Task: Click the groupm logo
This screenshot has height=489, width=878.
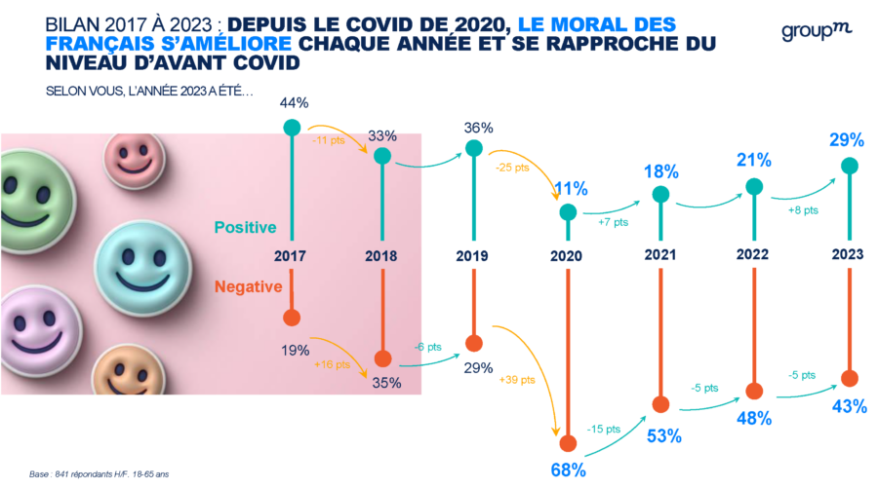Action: pos(816,31)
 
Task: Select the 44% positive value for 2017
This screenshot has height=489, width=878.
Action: pos(294,102)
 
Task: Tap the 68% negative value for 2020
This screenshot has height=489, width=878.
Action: pos(567,470)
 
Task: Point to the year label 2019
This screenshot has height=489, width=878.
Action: pos(473,257)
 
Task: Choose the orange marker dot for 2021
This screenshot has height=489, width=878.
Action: pos(661,404)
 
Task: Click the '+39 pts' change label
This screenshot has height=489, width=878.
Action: pos(518,379)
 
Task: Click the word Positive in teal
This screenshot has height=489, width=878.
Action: pos(244,227)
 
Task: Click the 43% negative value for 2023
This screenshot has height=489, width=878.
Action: pos(849,406)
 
